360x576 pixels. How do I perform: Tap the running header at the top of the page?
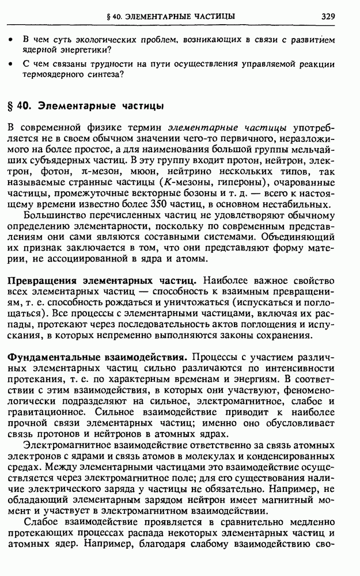(174, 16)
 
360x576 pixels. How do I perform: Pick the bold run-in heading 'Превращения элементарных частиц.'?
(102, 281)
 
